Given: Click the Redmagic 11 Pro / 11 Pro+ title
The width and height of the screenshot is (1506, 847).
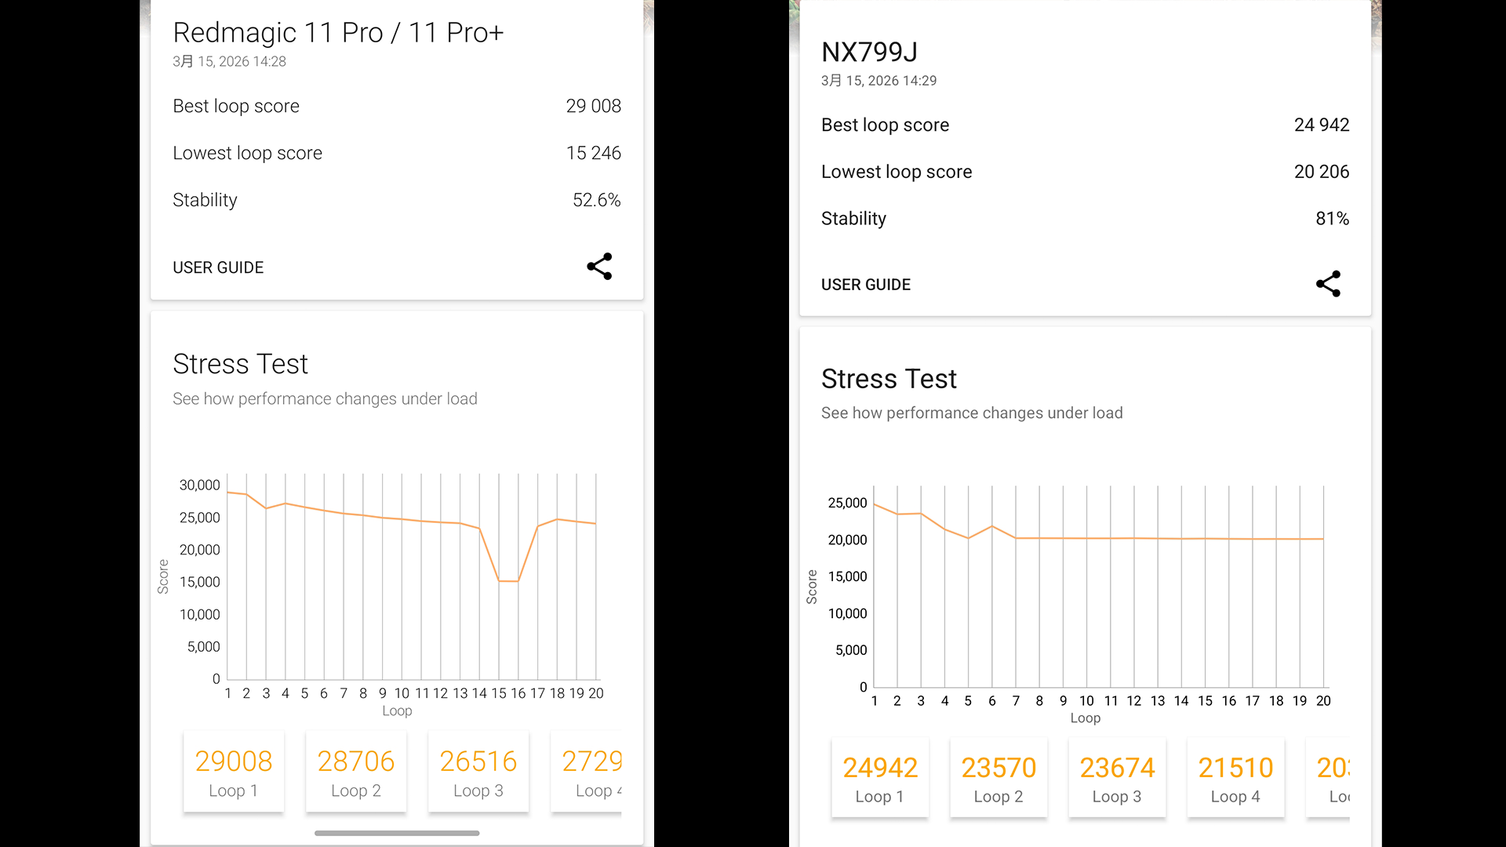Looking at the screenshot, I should [x=338, y=33].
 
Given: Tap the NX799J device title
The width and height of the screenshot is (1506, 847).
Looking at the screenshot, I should [x=869, y=52].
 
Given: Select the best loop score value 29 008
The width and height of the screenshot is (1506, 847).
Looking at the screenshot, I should [x=593, y=106].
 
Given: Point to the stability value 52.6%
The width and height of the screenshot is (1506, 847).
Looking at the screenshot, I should [x=596, y=200].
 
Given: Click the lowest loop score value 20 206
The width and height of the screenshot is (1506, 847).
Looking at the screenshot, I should [x=1321, y=172].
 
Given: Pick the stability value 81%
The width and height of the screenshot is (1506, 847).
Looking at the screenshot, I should [x=1332, y=219].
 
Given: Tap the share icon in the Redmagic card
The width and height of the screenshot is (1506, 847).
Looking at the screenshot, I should [x=599, y=267].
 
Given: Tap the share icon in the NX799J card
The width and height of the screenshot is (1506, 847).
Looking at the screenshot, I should [x=1328, y=284].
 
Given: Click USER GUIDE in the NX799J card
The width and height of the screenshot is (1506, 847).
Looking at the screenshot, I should [x=866, y=285].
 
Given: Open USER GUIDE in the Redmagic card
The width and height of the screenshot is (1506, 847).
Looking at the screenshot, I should [x=218, y=267].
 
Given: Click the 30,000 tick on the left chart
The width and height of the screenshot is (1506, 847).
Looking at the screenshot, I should [x=199, y=485].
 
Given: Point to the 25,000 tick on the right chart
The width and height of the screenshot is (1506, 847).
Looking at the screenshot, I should [x=847, y=503].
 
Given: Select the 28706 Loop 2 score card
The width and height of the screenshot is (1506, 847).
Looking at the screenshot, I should [x=356, y=772].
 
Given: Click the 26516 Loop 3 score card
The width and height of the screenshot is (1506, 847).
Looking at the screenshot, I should [x=478, y=772].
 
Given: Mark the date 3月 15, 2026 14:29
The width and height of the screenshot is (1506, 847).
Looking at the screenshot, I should [x=878, y=81].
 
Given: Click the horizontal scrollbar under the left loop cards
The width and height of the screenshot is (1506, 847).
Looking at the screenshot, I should [x=397, y=833].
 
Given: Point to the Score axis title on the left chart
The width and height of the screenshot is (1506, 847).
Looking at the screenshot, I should [x=163, y=576].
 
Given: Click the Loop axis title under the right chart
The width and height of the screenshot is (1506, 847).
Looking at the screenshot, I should [x=1085, y=718].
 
